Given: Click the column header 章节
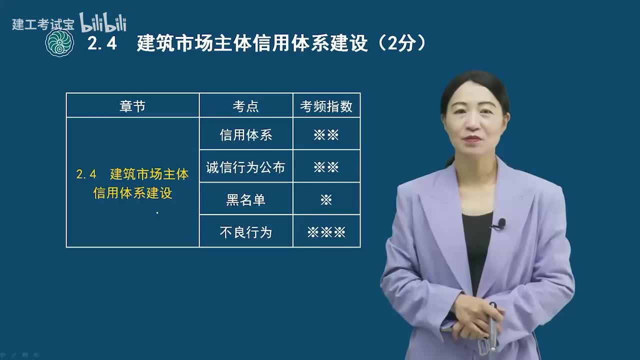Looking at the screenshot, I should pos(132,106).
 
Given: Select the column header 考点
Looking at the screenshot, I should pos(245,106).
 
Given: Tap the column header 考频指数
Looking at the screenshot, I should pos(326,106).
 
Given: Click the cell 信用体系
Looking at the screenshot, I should pos(245,134).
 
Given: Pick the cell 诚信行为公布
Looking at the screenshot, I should pos(245,167).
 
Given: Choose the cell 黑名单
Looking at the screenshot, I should pos(245,199).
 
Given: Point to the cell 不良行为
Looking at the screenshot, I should pos(245,232).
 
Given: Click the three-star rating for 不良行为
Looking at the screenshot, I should pos(326,232).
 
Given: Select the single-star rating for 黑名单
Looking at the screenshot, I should pos(326,199).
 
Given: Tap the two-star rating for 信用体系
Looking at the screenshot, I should pos(326,134).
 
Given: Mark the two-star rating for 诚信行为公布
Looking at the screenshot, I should pos(326,167).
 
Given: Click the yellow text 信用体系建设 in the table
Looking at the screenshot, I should pos(132,193).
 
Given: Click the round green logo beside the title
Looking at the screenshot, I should pos(59,43).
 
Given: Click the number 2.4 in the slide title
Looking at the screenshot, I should pos(102,43).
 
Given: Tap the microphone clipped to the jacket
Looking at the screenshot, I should pos(500,223).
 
